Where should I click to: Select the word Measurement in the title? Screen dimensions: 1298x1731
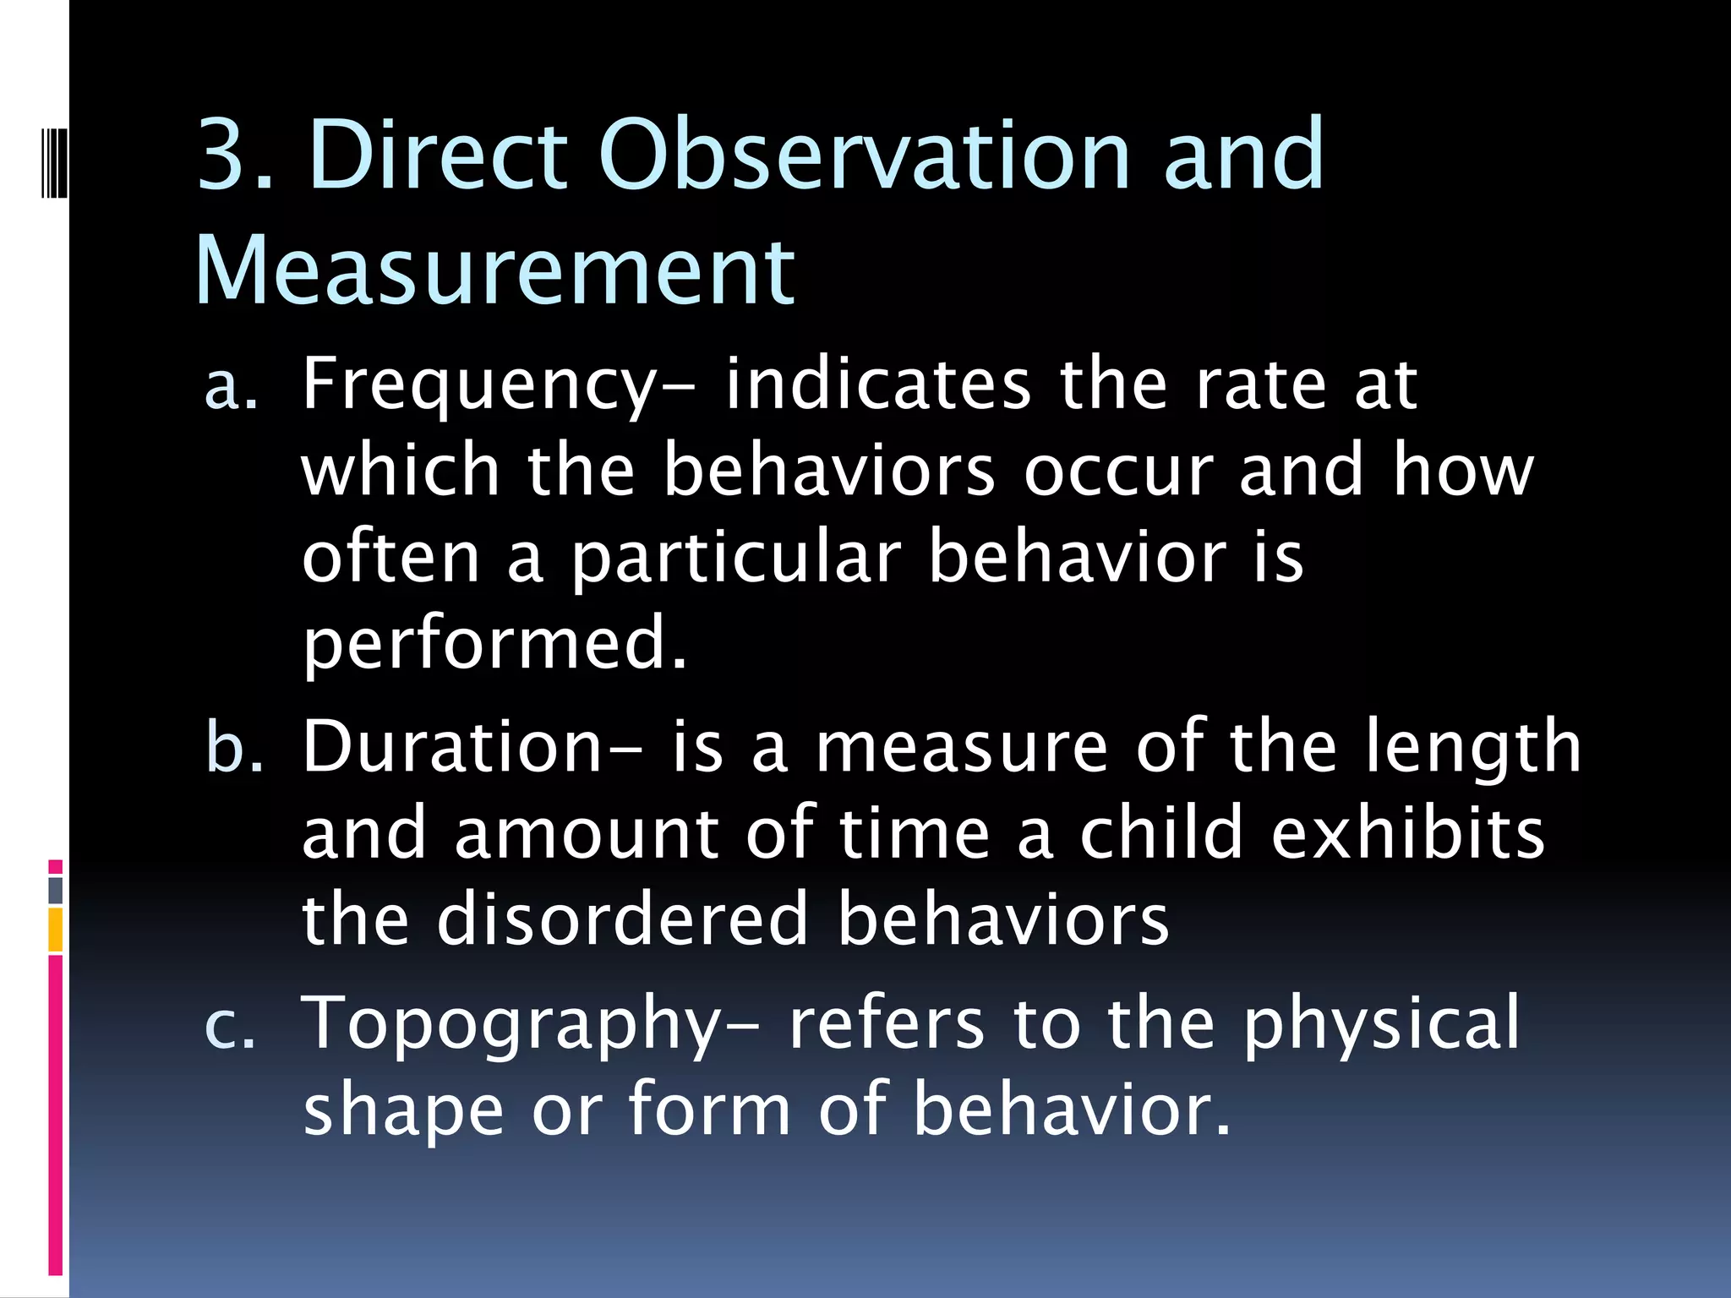tap(494, 270)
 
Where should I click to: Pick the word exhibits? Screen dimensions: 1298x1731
tap(1408, 833)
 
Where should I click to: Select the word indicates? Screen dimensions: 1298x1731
tap(877, 385)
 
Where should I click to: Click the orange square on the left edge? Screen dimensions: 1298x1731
tap(55, 930)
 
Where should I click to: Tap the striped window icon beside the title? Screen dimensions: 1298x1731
tap(54, 150)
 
